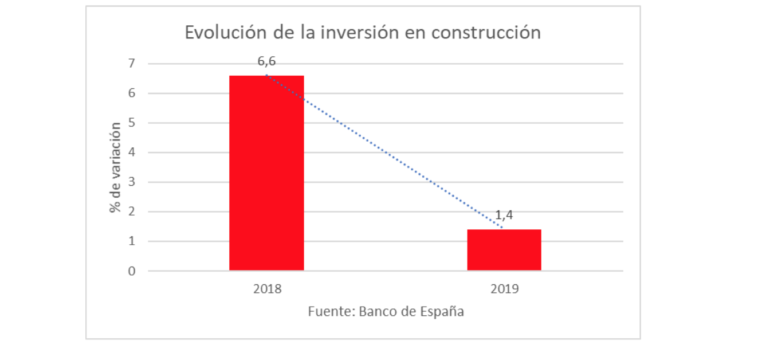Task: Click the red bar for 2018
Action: click(266, 173)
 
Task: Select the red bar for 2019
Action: click(504, 249)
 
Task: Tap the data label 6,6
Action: click(266, 61)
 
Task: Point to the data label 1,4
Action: click(504, 216)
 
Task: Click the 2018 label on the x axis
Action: click(267, 288)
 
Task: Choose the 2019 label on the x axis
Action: click(504, 288)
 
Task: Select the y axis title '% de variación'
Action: click(116, 167)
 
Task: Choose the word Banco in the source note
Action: click(379, 312)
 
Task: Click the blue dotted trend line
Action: click(384, 152)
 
